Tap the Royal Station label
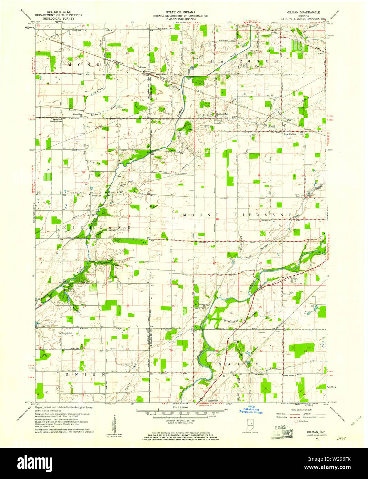tap(290, 134)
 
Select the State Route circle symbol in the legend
tap(296, 421)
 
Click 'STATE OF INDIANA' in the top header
tap(180, 12)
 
